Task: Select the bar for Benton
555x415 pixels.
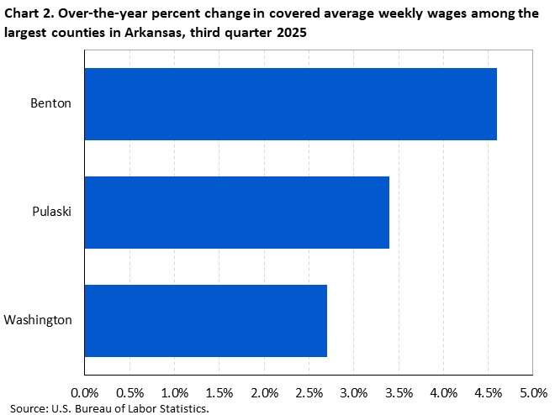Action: click(x=290, y=104)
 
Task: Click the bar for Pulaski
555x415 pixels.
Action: click(x=236, y=212)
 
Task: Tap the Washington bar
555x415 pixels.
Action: click(x=205, y=320)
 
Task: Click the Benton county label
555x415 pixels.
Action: click(x=51, y=104)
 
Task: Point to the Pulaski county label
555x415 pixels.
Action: click(x=51, y=212)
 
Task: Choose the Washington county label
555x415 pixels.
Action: click(x=38, y=320)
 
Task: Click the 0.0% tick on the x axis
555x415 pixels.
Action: click(x=85, y=392)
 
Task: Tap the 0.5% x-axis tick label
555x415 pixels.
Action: click(x=129, y=392)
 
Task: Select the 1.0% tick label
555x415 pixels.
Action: click(x=174, y=392)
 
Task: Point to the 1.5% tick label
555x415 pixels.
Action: click(x=219, y=392)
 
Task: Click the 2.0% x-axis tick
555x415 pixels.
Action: click(x=264, y=392)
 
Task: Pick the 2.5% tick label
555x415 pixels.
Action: click(x=309, y=392)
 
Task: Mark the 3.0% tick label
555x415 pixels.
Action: click(x=354, y=392)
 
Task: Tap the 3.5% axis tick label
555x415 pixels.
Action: click(x=399, y=392)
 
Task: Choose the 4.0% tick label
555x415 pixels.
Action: click(x=443, y=392)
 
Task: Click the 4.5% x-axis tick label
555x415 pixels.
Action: click(x=489, y=392)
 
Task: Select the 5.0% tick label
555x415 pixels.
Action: click(x=533, y=392)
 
